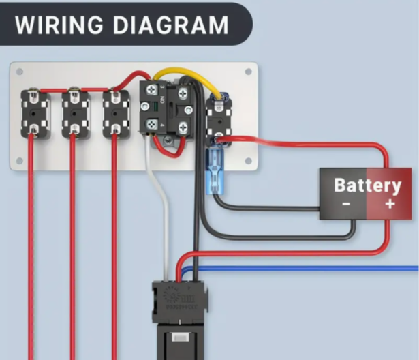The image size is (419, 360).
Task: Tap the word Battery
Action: (368, 185)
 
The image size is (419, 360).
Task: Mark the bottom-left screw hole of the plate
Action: (19, 161)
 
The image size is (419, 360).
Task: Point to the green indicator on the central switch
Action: (155, 107)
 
